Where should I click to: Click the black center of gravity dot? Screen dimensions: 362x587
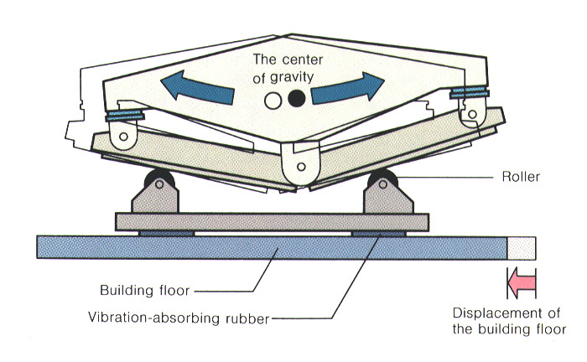tap(294, 100)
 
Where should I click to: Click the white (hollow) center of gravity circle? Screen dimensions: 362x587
tap(273, 101)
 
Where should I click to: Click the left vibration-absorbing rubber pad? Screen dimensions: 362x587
tap(166, 232)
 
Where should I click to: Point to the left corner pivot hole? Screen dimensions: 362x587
tap(124, 135)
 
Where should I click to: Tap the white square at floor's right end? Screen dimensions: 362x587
tap(521, 246)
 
